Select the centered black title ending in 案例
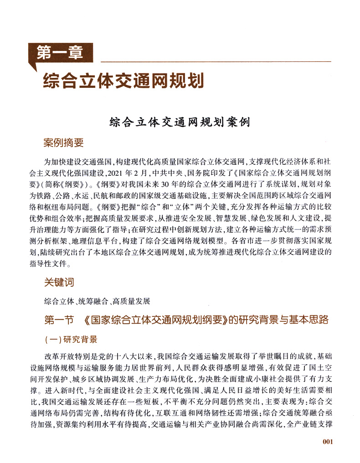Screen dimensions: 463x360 coord(180,122)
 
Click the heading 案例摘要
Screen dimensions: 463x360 coord(63,143)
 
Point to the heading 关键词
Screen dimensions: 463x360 coord(59,283)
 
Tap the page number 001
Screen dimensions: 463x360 coord(328,441)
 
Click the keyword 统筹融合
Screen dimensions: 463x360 coord(93,301)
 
